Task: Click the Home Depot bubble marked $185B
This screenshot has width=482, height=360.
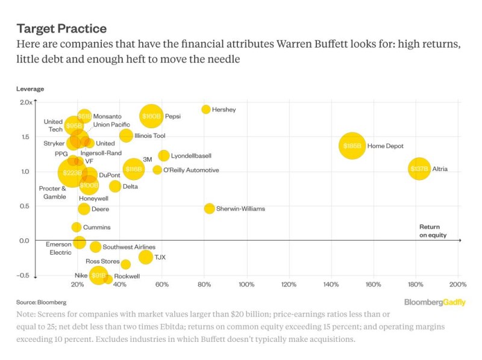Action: tap(352, 146)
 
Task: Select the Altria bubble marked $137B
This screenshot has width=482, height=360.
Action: tap(419, 169)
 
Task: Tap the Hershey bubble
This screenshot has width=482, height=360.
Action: tap(206, 110)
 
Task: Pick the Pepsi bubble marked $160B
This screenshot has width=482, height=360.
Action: tap(151, 116)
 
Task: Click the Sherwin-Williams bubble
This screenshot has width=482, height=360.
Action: tap(209, 208)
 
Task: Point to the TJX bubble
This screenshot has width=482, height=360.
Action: tap(146, 257)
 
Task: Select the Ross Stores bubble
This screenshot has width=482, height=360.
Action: tap(125, 264)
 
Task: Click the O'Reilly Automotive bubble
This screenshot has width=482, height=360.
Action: tap(157, 170)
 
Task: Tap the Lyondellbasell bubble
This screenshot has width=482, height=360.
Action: tap(164, 156)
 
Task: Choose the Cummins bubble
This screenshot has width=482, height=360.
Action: tap(77, 227)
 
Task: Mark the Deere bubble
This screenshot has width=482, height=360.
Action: tap(84, 209)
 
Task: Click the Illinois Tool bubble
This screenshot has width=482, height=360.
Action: tap(126, 135)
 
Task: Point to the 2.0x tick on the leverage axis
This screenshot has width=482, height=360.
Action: tap(25, 102)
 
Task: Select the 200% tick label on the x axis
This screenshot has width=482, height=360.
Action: tap(458, 284)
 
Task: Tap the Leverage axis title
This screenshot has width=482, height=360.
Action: tap(30, 88)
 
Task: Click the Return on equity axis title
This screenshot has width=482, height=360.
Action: tap(433, 231)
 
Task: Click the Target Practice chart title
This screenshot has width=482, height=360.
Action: tap(61, 28)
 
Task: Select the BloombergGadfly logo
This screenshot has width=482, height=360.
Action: tap(434, 302)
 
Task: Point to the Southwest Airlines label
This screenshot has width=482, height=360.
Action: tap(129, 247)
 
